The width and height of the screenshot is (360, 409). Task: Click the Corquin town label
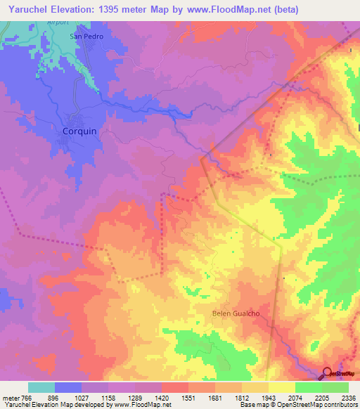pos(79,131)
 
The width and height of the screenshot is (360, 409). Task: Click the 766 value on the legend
pos(27,398)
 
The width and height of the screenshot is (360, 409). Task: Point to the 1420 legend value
pos(161,398)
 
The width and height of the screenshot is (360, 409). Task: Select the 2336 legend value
pos(348,398)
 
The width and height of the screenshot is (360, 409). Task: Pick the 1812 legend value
pos(241,398)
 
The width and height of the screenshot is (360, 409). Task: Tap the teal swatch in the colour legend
pos(41,387)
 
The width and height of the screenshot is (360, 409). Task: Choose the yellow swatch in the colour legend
pos(281,387)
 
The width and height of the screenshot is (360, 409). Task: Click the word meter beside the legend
pos(10,398)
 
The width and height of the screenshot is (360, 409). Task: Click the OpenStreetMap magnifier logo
pos(328,375)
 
